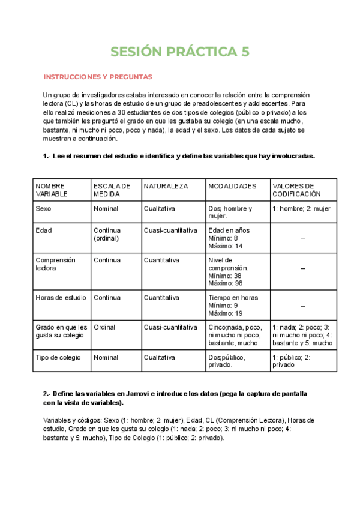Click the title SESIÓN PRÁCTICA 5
[180, 53]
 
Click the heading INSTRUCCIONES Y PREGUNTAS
[98, 77]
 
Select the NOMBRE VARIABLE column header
[50, 190]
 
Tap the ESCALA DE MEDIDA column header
[112, 190]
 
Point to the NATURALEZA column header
[166, 187]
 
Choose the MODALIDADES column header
[232, 187]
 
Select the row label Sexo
[43, 209]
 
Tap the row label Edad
[44, 230]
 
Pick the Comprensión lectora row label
[55, 264]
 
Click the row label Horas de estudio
[61, 298]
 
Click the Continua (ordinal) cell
[107, 234]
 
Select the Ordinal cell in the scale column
[105, 327]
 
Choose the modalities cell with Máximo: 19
[225, 305]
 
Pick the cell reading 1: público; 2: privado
[291, 361]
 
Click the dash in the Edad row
[303, 239]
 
